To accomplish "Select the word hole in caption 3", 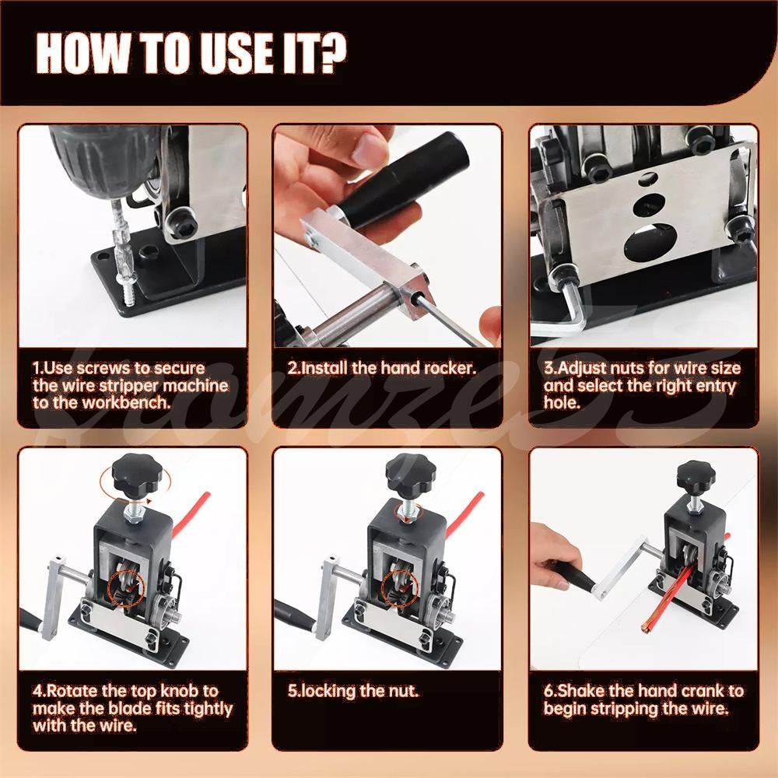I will click(x=562, y=403).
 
